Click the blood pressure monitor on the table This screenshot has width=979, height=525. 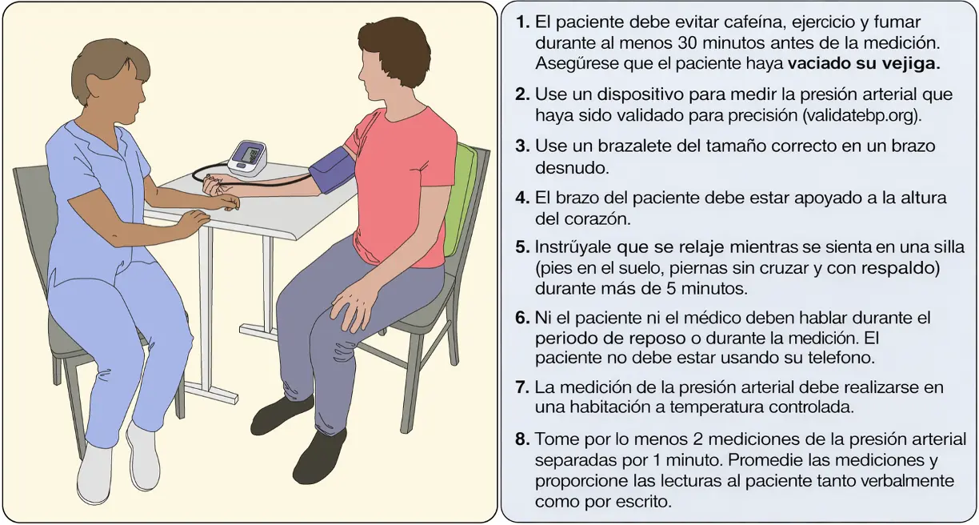click(x=247, y=158)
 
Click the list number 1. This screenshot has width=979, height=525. click(x=523, y=22)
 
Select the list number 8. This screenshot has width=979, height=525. click(x=523, y=439)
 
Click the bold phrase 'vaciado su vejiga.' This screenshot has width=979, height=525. click(x=864, y=64)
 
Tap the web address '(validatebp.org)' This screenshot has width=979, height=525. click(x=861, y=115)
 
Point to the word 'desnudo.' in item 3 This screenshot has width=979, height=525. click(x=572, y=168)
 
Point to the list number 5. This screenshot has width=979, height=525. click(x=523, y=247)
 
